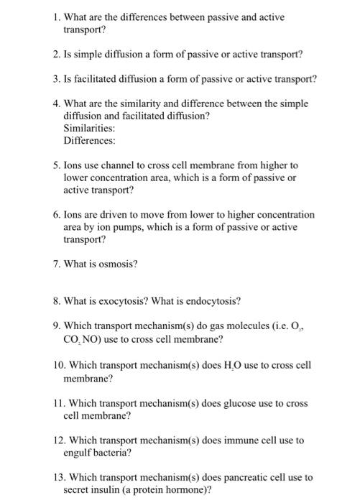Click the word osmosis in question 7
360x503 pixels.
(116, 263)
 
